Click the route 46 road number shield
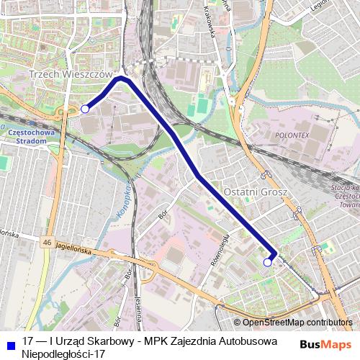pyautogui.click(x=47, y=242)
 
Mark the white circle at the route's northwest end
pyautogui.click(x=84, y=109)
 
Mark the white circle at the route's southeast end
pyautogui.click(x=267, y=263)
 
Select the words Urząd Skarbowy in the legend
pyautogui.click(x=91, y=341)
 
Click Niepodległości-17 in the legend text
pyautogui.click(x=63, y=354)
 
